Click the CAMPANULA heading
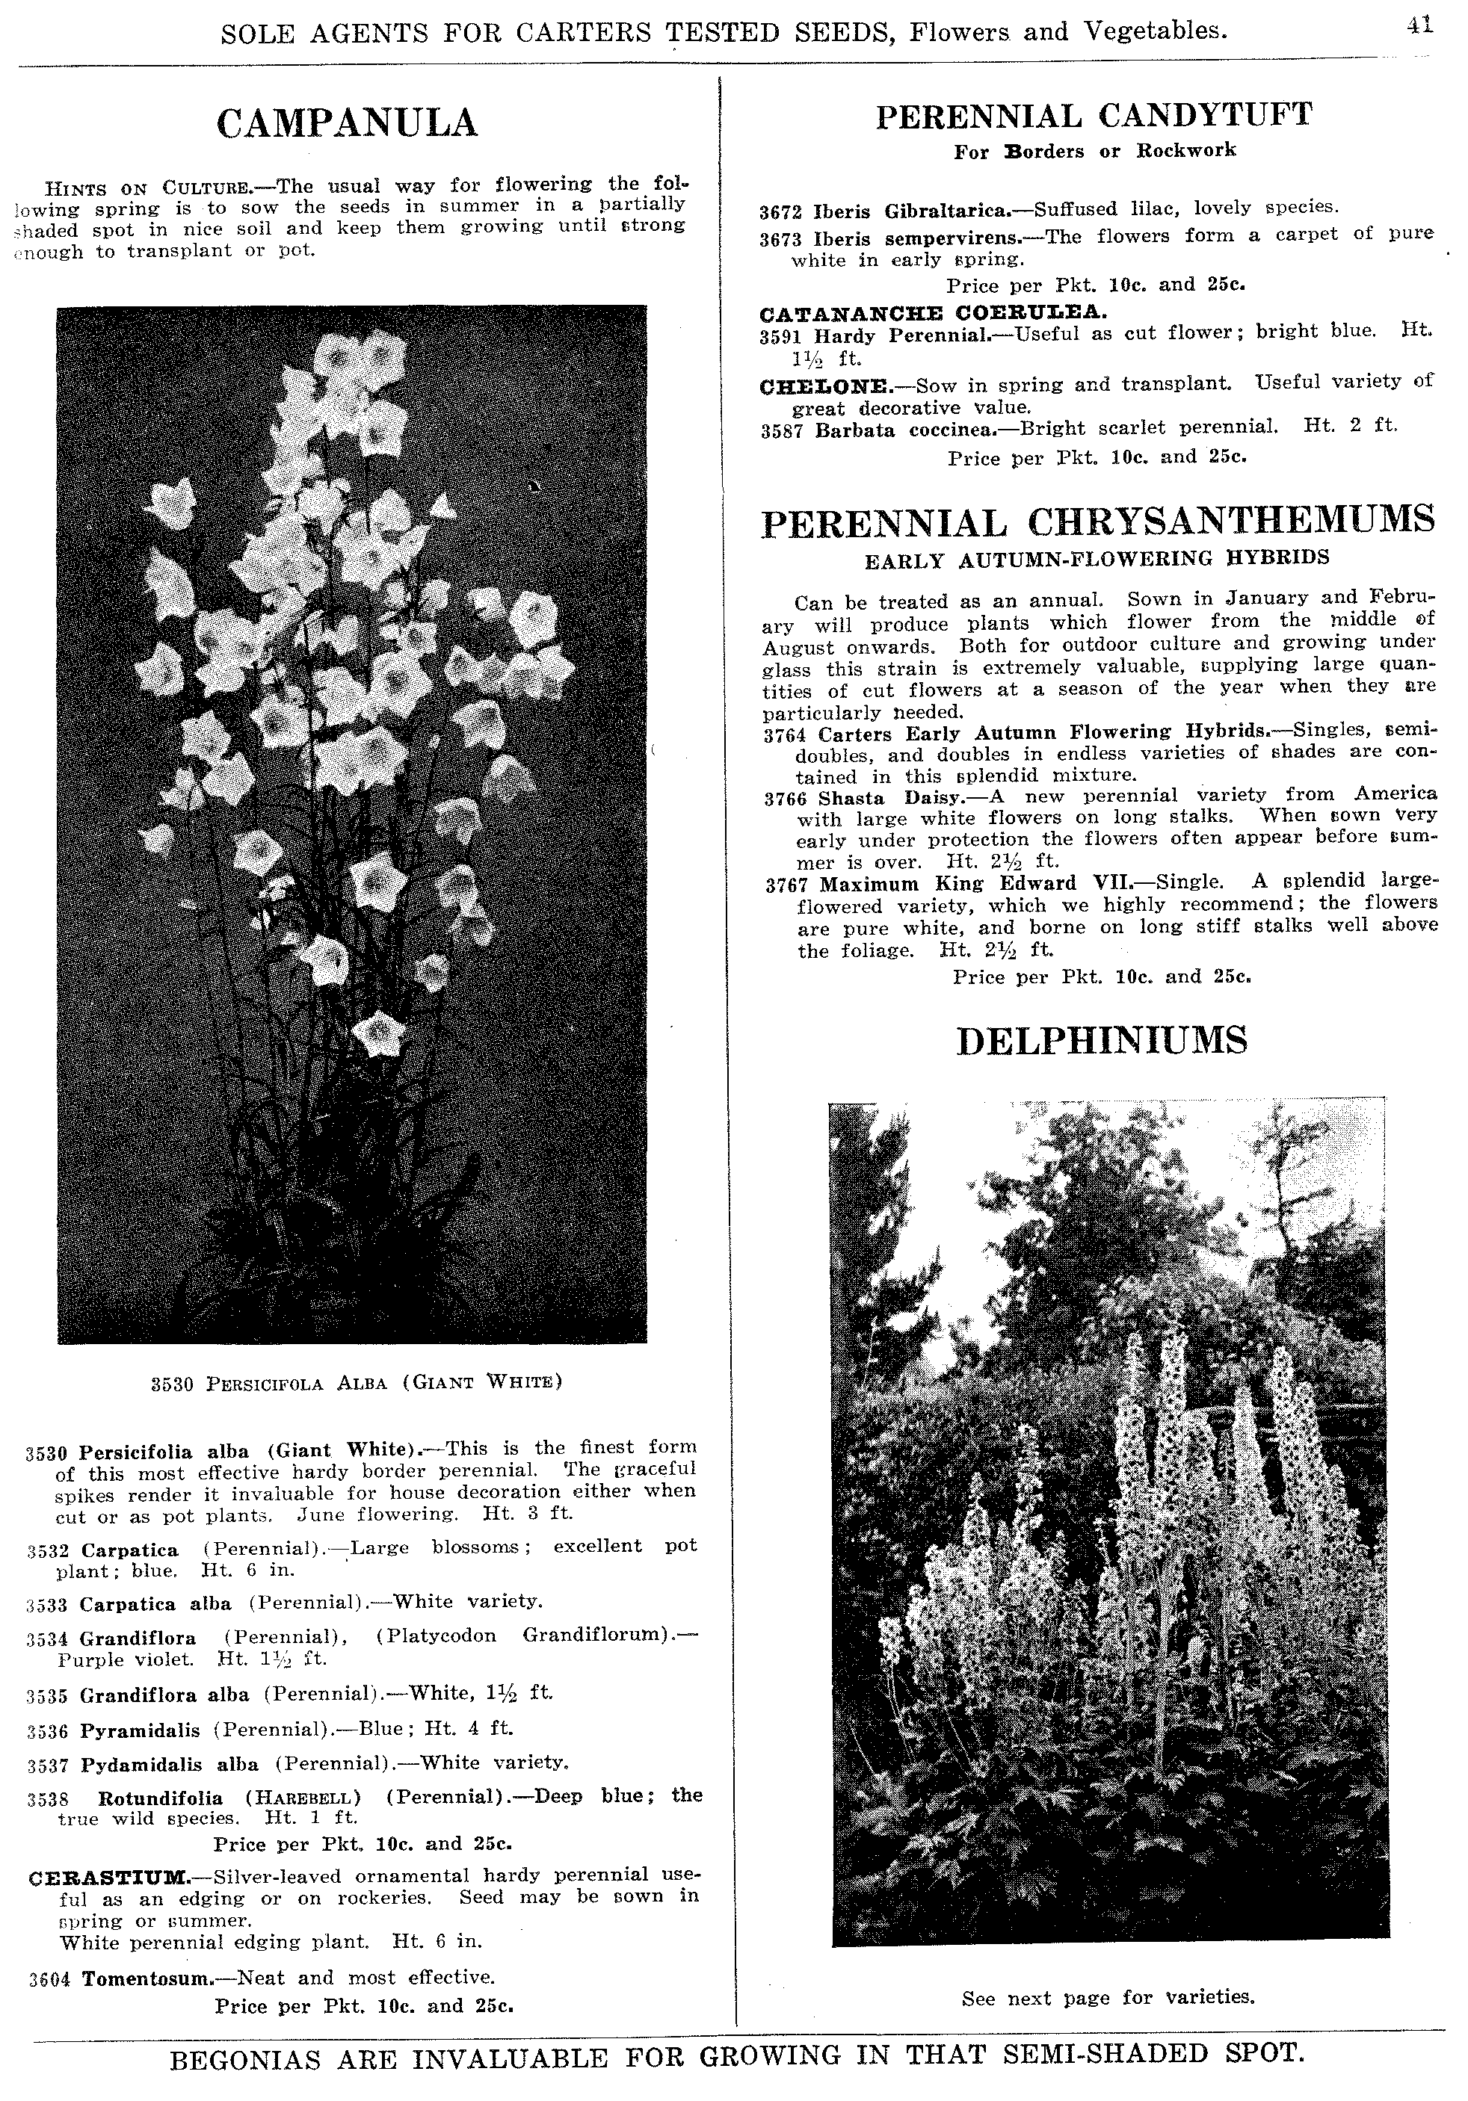pos(347,123)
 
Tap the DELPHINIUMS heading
pos(1102,1042)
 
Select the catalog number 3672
pos(780,212)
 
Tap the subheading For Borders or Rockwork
pos(1094,151)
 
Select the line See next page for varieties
pos(1108,1998)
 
